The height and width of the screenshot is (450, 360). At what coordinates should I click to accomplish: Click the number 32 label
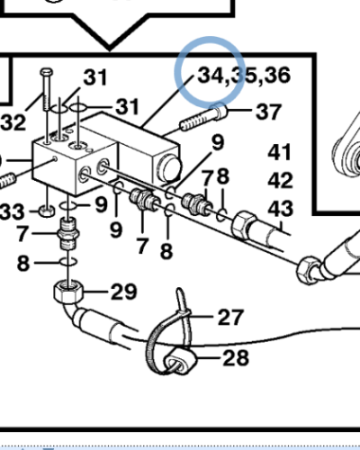pos(13,121)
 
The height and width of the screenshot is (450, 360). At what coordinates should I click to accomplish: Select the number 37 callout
pos(268,112)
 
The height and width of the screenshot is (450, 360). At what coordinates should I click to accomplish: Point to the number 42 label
pos(280,180)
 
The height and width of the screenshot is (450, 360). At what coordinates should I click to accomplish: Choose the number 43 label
pos(280,209)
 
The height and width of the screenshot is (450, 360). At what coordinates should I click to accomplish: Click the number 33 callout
pos(13,211)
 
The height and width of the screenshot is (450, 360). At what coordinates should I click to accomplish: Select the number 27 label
pos(230,317)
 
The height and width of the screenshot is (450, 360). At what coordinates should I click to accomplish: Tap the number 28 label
pos(236,358)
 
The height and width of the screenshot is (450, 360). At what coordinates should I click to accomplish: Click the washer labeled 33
pos(45,211)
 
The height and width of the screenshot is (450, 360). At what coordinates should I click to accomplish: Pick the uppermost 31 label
pos(95,76)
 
